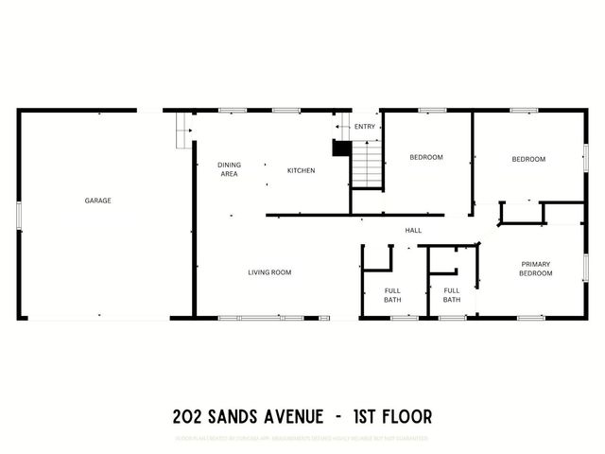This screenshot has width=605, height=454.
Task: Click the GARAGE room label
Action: pyautogui.click(x=97, y=201)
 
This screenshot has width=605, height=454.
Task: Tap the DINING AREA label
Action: pyautogui.click(x=229, y=169)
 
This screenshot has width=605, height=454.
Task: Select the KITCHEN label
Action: pyautogui.click(x=301, y=170)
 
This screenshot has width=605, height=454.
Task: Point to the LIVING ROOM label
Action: pyautogui.click(x=269, y=272)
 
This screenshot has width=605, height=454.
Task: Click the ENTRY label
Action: pyautogui.click(x=364, y=127)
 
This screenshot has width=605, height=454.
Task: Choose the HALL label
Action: pyautogui.click(x=413, y=230)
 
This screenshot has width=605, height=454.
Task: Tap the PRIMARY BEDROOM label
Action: pyautogui.click(x=535, y=269)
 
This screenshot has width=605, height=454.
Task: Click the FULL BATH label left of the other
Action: pyautogui.click(x=392, y=295)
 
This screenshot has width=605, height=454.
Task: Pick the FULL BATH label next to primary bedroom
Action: pyautogui.click(x=452, y=295)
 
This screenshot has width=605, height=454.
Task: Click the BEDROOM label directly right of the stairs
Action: pyautogui.click(x=425, y=157)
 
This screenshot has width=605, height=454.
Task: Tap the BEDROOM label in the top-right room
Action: pyautogui.click(x=528, y=159)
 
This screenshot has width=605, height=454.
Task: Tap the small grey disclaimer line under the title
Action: pyautogui.click(x=302, y=438)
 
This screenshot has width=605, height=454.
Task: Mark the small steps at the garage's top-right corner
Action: pyautogui.click(x=181, y=131)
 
